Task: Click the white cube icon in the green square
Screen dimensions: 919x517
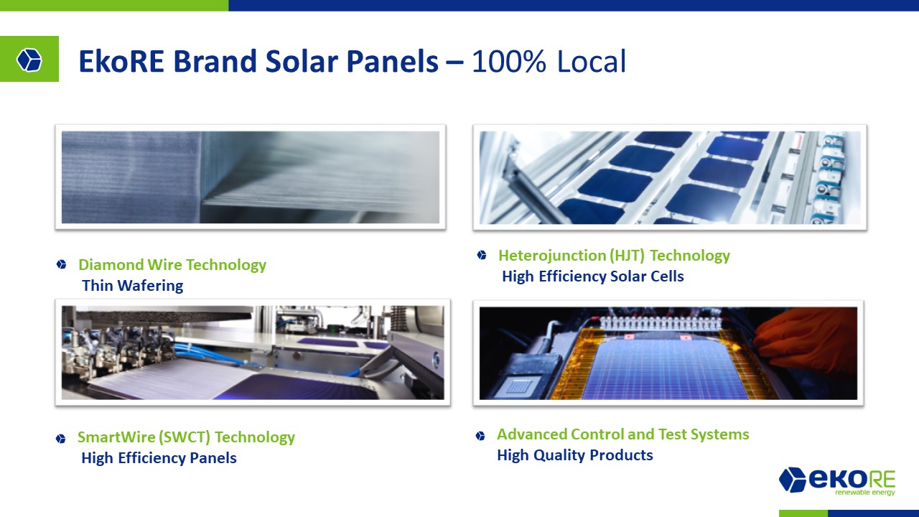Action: pos(29,60)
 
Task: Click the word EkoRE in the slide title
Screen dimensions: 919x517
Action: pos(121,62)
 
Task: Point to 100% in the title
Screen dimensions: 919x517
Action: pos(509,62)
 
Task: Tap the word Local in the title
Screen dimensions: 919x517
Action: pos(592,62)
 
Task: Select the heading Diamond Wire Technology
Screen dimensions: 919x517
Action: pos(172,265)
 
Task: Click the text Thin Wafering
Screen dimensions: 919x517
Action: pos(133,286)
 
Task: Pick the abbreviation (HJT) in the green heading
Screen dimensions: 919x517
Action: pos(627,256)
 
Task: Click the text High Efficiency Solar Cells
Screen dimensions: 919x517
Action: pos(593,276)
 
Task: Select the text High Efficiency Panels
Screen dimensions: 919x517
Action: pos(159,458)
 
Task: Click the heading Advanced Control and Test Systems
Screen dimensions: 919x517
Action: pos(622,434)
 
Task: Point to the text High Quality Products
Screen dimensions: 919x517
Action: pos(575,455)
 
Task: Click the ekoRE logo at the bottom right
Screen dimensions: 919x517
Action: pos(837,481)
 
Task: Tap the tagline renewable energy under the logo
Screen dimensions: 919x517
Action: pos(865,492)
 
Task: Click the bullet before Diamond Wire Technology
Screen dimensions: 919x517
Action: pos(62,265)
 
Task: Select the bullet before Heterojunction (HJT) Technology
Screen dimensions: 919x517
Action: pos(482,255)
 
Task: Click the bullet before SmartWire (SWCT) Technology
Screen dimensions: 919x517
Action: pos(61,439)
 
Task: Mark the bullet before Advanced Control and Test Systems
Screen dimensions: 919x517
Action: pos(480,435)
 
